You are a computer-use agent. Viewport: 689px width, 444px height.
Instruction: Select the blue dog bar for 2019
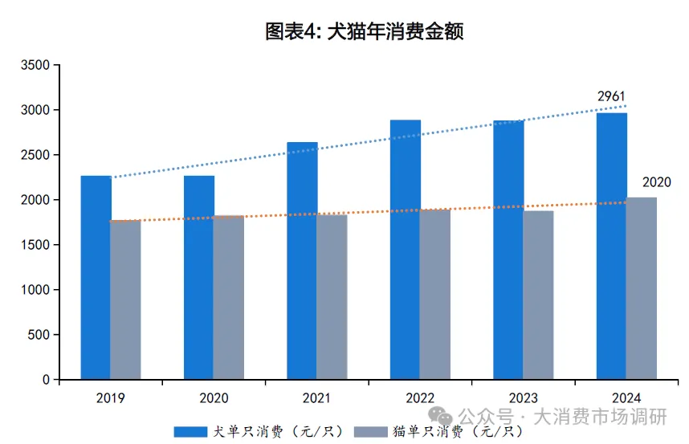[96, 277]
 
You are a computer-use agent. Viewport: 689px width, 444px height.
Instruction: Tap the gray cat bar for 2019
[125, 299]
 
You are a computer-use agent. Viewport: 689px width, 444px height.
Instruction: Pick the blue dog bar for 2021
[302, 261]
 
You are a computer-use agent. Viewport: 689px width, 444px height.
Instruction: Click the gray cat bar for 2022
[434, 294]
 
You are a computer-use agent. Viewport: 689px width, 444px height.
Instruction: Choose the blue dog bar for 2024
[612, 246]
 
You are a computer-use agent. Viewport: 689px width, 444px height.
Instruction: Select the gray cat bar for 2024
[642, 288]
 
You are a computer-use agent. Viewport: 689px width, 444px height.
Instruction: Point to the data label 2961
[611, 97]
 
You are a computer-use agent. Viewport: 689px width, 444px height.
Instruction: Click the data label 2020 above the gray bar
[657, 182]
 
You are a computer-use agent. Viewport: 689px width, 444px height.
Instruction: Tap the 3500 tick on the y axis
[35, 65]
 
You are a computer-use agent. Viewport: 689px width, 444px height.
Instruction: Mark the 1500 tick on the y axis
[35, 245]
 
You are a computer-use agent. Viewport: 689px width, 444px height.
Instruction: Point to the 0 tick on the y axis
[46, 380]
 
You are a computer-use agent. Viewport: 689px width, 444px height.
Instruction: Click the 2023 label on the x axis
[524, 397]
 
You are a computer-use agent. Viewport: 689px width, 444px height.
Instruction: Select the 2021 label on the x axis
[317, 397]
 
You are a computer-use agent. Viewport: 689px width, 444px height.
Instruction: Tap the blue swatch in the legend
[190, 432]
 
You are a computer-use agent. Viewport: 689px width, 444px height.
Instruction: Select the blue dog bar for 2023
[508, 250]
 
